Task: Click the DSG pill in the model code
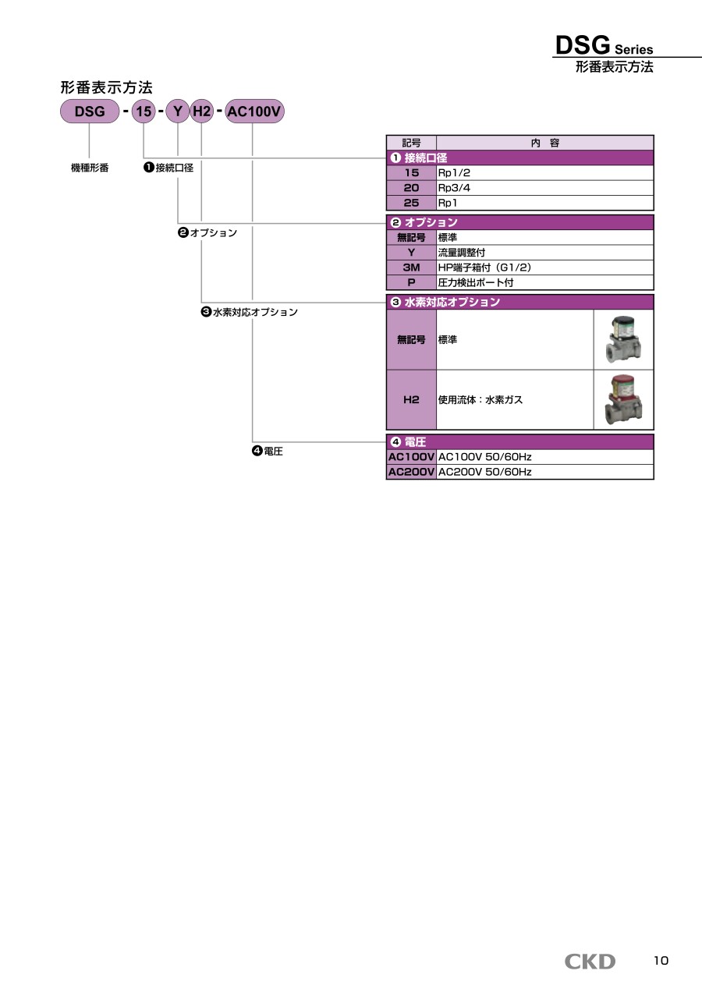point(90,112)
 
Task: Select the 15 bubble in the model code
point(144,112)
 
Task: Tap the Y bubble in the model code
point(178,112)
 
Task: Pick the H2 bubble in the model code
point(201,112)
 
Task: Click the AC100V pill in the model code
point(254,112)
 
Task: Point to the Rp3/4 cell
point(544,188)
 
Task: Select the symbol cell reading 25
point(412,203)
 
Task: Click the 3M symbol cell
point(412,267)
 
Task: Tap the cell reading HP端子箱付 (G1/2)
point(544,267)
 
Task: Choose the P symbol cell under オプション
point(412,282)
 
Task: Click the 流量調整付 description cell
point(544,253)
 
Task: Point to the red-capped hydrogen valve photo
point(623,399)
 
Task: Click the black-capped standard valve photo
point(623,340)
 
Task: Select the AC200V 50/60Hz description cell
point(544,472)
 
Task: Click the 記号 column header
point(412,143)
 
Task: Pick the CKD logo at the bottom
point(590,962)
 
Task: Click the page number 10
point(661,961)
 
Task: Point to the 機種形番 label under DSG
point(90,168)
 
